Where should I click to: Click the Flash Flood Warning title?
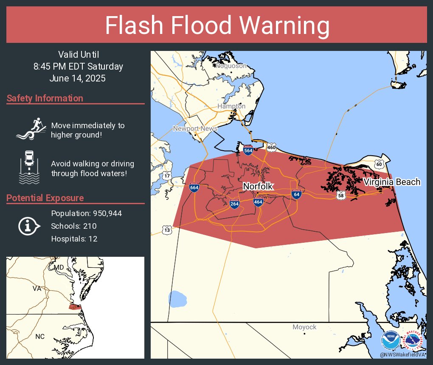click(x=217, y=25)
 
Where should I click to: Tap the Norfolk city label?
click(x=258, y=186)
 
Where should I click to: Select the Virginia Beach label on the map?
click(x=392, y=182)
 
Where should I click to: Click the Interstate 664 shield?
click(x=194, y=187)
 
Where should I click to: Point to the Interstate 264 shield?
click(x=234, y=204)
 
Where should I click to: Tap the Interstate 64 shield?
click(x=296, y=194)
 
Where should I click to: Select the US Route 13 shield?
click(x=167, y=230)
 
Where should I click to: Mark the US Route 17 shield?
click(x=167, y=176)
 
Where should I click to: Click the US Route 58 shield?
click(x=341, y=195)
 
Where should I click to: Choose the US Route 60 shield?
click(x=379, y=164)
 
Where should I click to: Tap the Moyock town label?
click(x=304, y=327)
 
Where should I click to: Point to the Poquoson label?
click(x=231, y=66)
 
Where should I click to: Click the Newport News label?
click(x=195, y=129)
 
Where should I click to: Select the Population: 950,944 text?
click(x=86, y=213)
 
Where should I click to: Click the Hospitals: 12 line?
click(x=74, y=239)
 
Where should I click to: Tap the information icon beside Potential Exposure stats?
click(x=28, y=226)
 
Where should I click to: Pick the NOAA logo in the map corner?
click(x=390, y=341)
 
